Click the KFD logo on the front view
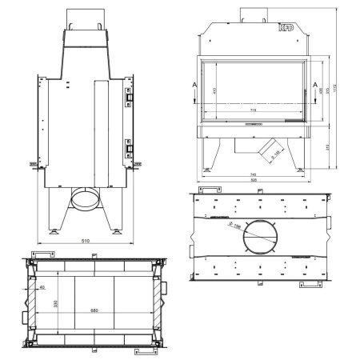tap(286, 28)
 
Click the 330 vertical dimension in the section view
tap(55, 304)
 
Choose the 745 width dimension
tap(254, 174)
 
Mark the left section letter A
tap(194, 83)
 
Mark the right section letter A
tap(316, 83)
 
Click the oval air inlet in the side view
tap(86, 197)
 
